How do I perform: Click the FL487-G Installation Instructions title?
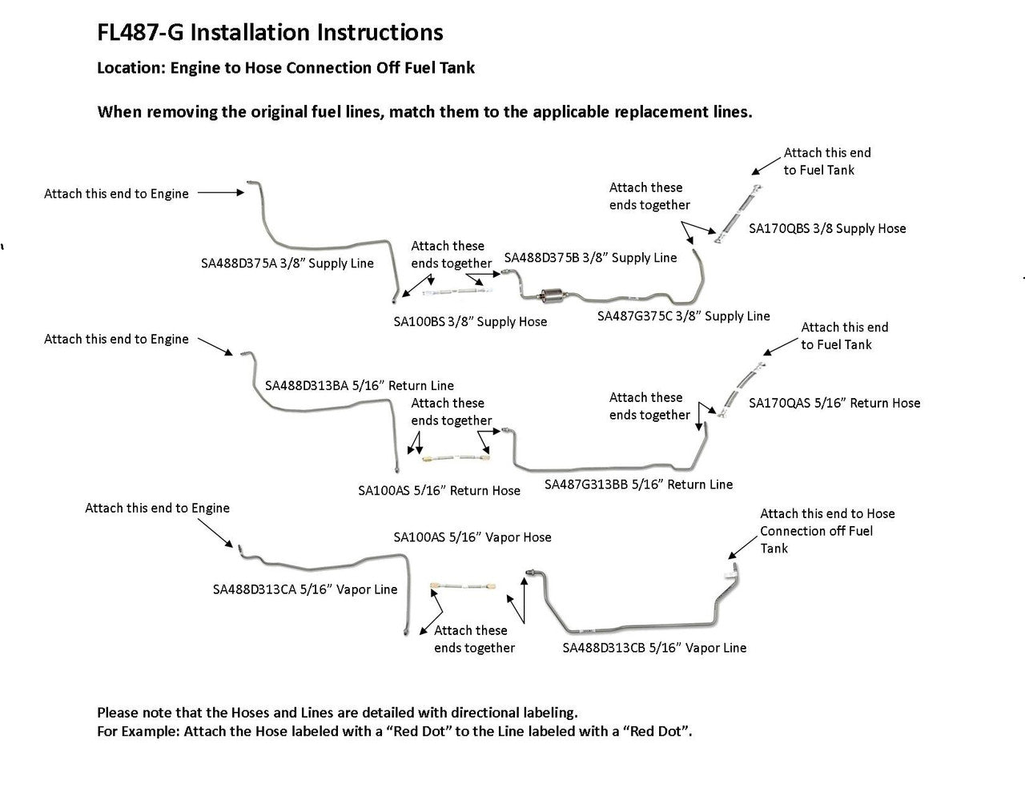click(270, 33)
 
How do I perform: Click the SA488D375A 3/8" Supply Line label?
click(287, 263)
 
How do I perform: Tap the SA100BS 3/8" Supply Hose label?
click(470, 321)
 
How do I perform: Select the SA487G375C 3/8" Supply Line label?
click(683, 316)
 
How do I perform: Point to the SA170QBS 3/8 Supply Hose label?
click(827, 228)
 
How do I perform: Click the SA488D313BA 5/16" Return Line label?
click(359, 385)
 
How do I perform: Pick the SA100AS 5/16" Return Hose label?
click(439, 490)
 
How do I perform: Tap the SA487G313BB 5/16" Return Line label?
click(638, 484)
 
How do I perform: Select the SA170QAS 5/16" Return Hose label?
click(834, 403)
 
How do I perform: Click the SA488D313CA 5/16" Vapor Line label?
click(305, 589)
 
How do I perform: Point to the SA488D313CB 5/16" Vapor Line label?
click(654, 647)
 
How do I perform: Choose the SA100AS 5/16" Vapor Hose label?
click(472, 537)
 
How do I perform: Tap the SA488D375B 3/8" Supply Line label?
click(590, 257)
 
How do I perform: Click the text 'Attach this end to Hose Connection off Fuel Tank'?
click(826, 530)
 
